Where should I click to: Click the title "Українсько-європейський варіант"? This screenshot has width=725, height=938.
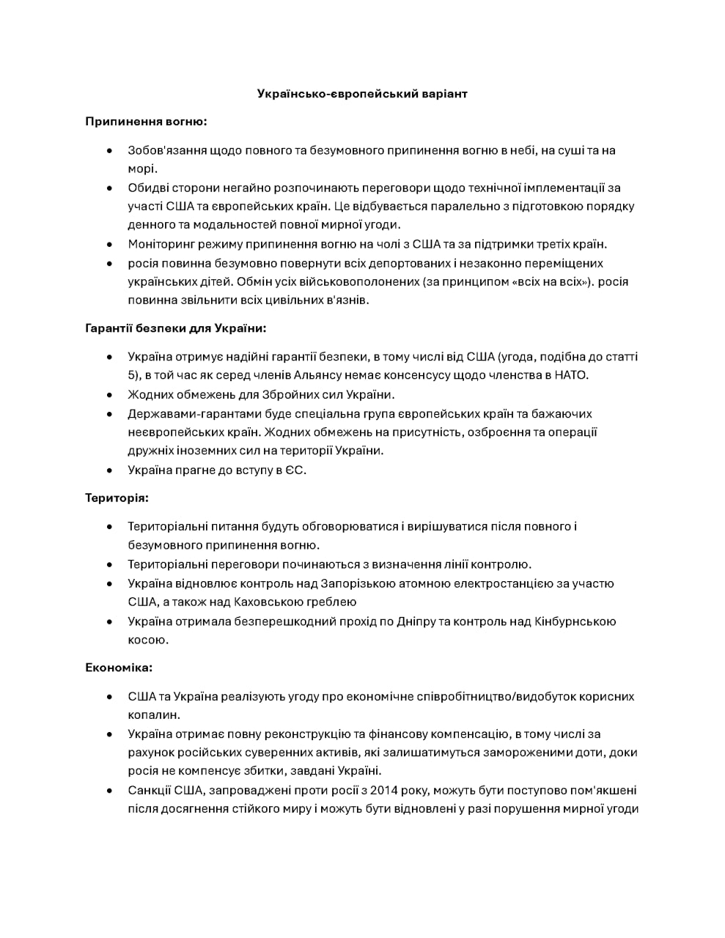362,94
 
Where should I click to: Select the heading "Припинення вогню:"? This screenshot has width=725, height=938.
146,122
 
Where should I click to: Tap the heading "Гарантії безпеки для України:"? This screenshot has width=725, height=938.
175,328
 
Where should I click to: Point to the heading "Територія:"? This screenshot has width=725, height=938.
117,498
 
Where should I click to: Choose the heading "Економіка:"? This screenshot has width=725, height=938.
119,668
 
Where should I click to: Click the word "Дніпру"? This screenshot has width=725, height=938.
419,621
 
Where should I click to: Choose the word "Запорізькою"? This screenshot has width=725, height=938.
358,583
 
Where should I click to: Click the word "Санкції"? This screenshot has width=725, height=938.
150,790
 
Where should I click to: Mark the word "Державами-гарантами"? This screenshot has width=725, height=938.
186,413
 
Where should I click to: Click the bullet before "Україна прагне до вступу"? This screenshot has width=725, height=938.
109,470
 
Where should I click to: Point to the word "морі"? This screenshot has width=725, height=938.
142,169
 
